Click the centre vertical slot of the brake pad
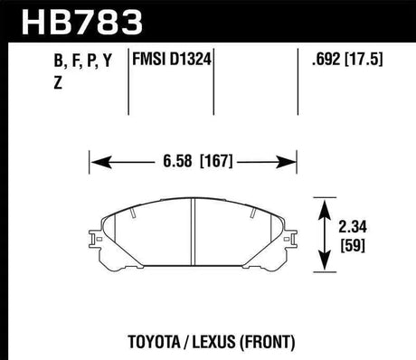pos(195,232)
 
